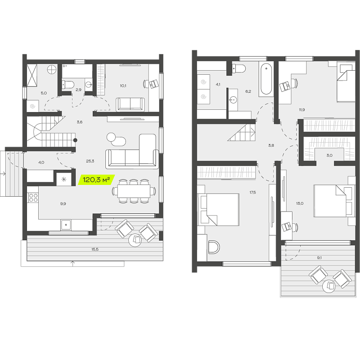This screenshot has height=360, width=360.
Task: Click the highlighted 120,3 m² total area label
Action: point(96,180)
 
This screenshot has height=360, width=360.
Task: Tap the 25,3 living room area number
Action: point(90,161)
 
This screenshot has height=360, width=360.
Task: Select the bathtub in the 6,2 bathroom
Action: point(266,79)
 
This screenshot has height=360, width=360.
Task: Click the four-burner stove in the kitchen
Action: point(33,198)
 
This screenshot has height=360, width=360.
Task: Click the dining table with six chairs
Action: point(134,191)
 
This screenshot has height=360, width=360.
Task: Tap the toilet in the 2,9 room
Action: point(67,85)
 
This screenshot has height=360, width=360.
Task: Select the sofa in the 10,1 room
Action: point(130,105)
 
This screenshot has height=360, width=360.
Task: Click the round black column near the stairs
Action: point(75,140)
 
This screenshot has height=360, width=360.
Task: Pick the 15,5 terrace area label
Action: point(95,249)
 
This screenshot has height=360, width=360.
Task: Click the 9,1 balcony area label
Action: point(319,258)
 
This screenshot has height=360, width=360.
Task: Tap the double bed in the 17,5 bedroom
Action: point(218,210)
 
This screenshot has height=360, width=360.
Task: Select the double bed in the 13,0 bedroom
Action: point(333,201)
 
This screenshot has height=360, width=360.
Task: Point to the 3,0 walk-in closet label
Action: point(329,155)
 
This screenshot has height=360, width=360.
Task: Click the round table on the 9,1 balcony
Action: point(329,286)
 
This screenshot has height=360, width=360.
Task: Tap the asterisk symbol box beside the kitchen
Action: point(64,179)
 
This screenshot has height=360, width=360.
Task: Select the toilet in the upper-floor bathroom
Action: point(239,68)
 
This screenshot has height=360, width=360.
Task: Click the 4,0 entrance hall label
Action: point(41,162)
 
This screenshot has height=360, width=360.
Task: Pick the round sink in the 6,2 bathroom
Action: point(233,100)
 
